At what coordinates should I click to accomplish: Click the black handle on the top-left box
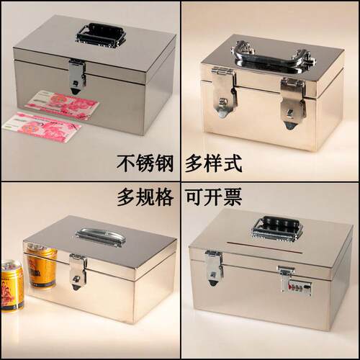click(101, 35)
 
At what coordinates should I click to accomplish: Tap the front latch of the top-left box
click(77, 76)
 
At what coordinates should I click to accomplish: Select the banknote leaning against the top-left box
click(63, 104)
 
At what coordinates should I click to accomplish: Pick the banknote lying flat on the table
click(42, 127)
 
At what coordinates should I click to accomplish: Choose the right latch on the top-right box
click(293, 103)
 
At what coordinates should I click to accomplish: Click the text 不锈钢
click(145, 163)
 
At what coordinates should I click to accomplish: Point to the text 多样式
click(213, 163)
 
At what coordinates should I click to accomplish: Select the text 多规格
click(145, 197)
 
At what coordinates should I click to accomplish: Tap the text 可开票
click(213, 197)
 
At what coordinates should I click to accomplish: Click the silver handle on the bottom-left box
click(101, 236)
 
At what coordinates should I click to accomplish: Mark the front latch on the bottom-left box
click(78, 271)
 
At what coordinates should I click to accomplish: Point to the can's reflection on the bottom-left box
click(41, 266)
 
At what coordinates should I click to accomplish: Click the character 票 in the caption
click(233, 197)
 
